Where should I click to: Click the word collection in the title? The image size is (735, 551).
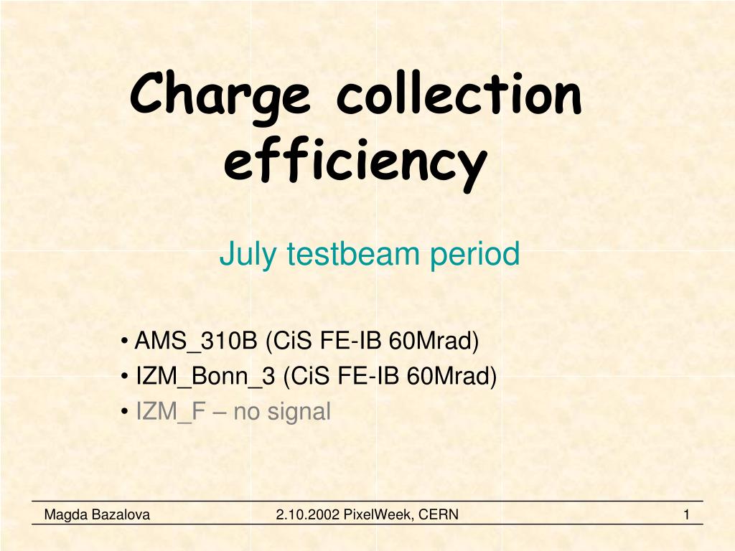458,95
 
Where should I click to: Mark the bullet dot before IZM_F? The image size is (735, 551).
126,412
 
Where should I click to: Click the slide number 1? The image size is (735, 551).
687,514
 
